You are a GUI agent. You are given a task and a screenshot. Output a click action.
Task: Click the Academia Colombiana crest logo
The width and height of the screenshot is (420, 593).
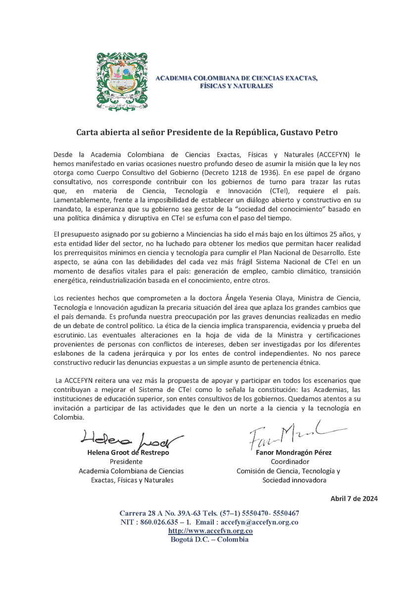(x=121, y=82)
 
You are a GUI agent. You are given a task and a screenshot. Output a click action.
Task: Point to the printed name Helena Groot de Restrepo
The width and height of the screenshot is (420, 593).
(x=128, y=453)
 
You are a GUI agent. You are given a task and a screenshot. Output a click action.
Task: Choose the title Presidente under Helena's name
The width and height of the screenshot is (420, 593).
(x=126, y=462)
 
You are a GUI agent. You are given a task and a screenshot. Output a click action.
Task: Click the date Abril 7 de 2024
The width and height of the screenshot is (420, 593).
(x=354, y=498)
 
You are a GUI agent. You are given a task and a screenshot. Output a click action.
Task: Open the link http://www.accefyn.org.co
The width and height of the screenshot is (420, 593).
(x=211, y=531)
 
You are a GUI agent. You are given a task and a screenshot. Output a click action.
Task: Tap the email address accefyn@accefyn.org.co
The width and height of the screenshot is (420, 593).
(x=259, y=522)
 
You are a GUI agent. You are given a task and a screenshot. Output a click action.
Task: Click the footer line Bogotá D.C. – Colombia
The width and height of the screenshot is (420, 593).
(x=210, y=539)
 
